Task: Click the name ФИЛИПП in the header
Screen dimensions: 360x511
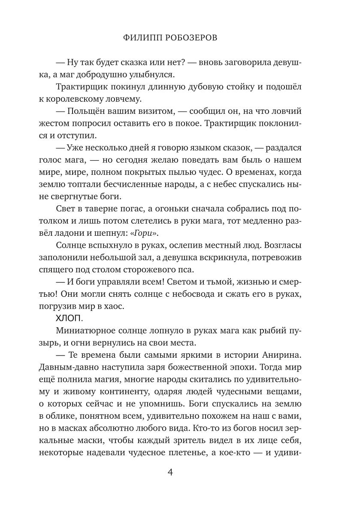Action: tap(138, 38)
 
